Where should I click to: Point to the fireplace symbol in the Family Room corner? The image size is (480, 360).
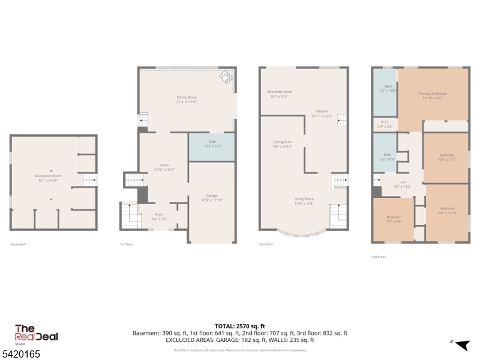point(226,78)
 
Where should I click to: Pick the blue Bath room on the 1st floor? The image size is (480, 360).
point(211,146)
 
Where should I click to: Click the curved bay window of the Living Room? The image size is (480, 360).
point(303,235)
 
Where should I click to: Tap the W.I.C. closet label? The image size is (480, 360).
point(385,125)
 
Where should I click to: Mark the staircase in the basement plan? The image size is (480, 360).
point(88,179)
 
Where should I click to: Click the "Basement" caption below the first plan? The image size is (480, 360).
point(19,244)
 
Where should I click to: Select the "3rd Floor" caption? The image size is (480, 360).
point(378,256)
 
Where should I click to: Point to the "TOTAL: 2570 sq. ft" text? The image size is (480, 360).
point(240,326)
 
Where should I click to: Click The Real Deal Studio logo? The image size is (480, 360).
point(35,334)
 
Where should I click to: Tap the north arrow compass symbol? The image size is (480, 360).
point(461,344)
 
